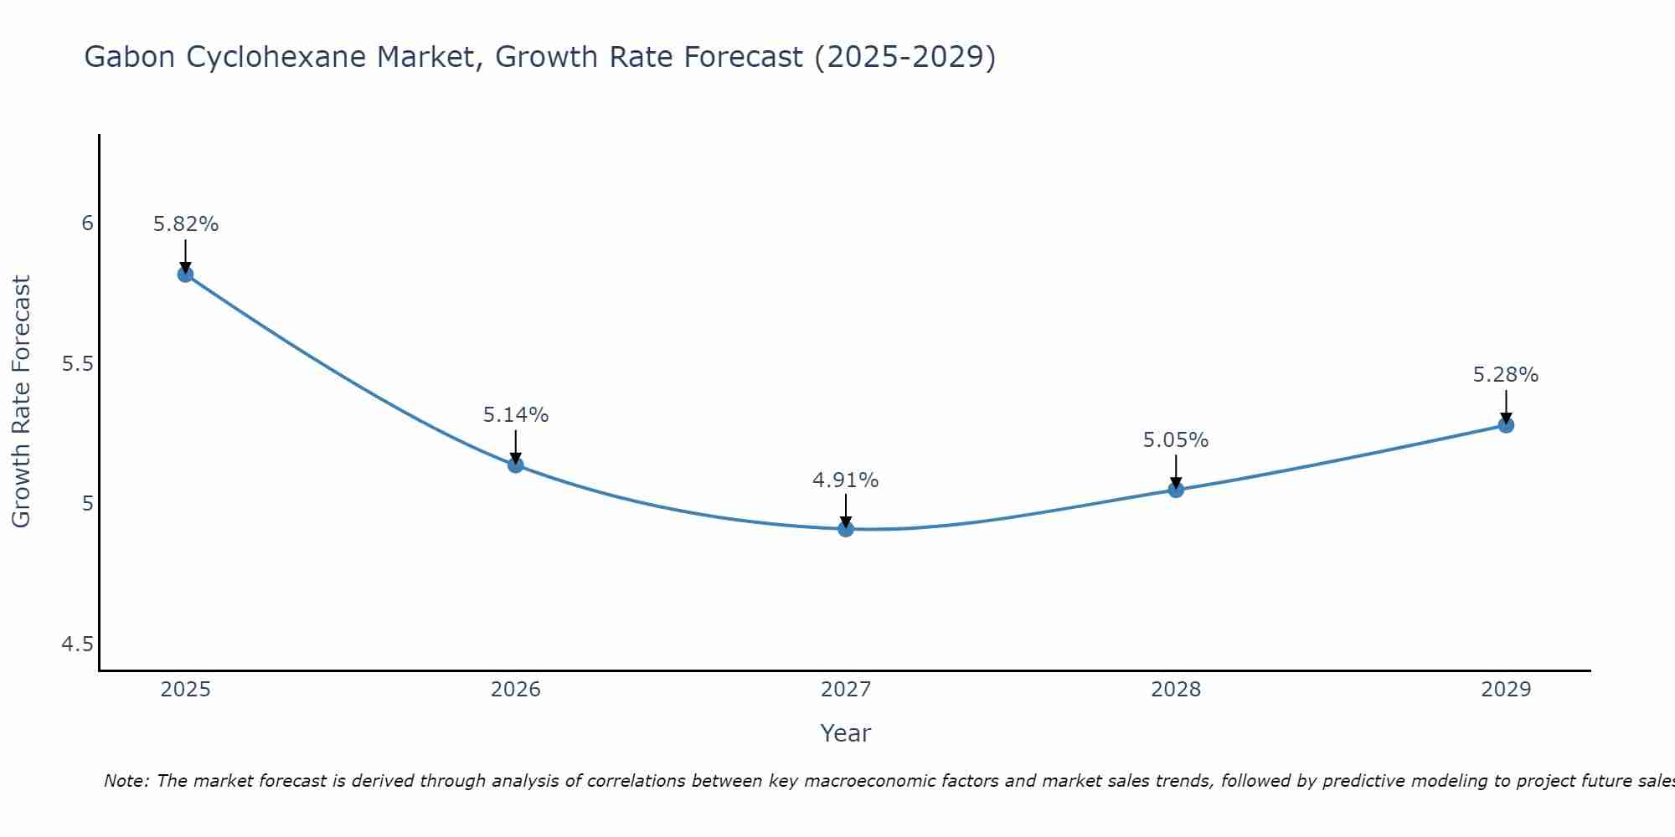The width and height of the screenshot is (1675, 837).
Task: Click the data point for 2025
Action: coord(185,275)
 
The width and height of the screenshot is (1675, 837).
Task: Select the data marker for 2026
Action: coord(516,465)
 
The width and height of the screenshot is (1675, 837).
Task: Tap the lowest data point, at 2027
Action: coord(846,529)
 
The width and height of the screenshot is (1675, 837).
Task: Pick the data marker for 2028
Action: coord(1176,490)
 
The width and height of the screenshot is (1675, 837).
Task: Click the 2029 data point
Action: coord(1506,425)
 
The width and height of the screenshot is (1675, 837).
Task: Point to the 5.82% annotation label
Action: coord(185,224)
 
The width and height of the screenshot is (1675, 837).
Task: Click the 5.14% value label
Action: coord(516,415)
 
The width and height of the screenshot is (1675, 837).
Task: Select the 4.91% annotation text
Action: coord(846,480)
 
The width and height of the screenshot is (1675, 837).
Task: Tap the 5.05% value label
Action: coord(1176,440)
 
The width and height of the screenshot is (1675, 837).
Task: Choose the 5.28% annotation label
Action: coord(1506,375)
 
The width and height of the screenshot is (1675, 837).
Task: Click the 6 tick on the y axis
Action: coord(87,223)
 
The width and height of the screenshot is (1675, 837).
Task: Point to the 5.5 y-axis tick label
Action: coord(78,364)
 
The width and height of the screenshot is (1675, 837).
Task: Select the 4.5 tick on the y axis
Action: coord(78,644)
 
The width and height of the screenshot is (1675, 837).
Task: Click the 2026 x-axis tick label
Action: coord(516,690)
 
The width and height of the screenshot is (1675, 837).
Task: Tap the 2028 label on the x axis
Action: coord(1176,690)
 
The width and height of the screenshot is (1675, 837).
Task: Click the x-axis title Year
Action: coord(846,733)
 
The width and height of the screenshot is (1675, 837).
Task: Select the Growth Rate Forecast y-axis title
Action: coord(22,402)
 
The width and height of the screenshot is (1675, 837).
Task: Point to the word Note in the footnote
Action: coord(126,781)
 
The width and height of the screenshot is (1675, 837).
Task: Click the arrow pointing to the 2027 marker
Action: coord(846,511)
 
